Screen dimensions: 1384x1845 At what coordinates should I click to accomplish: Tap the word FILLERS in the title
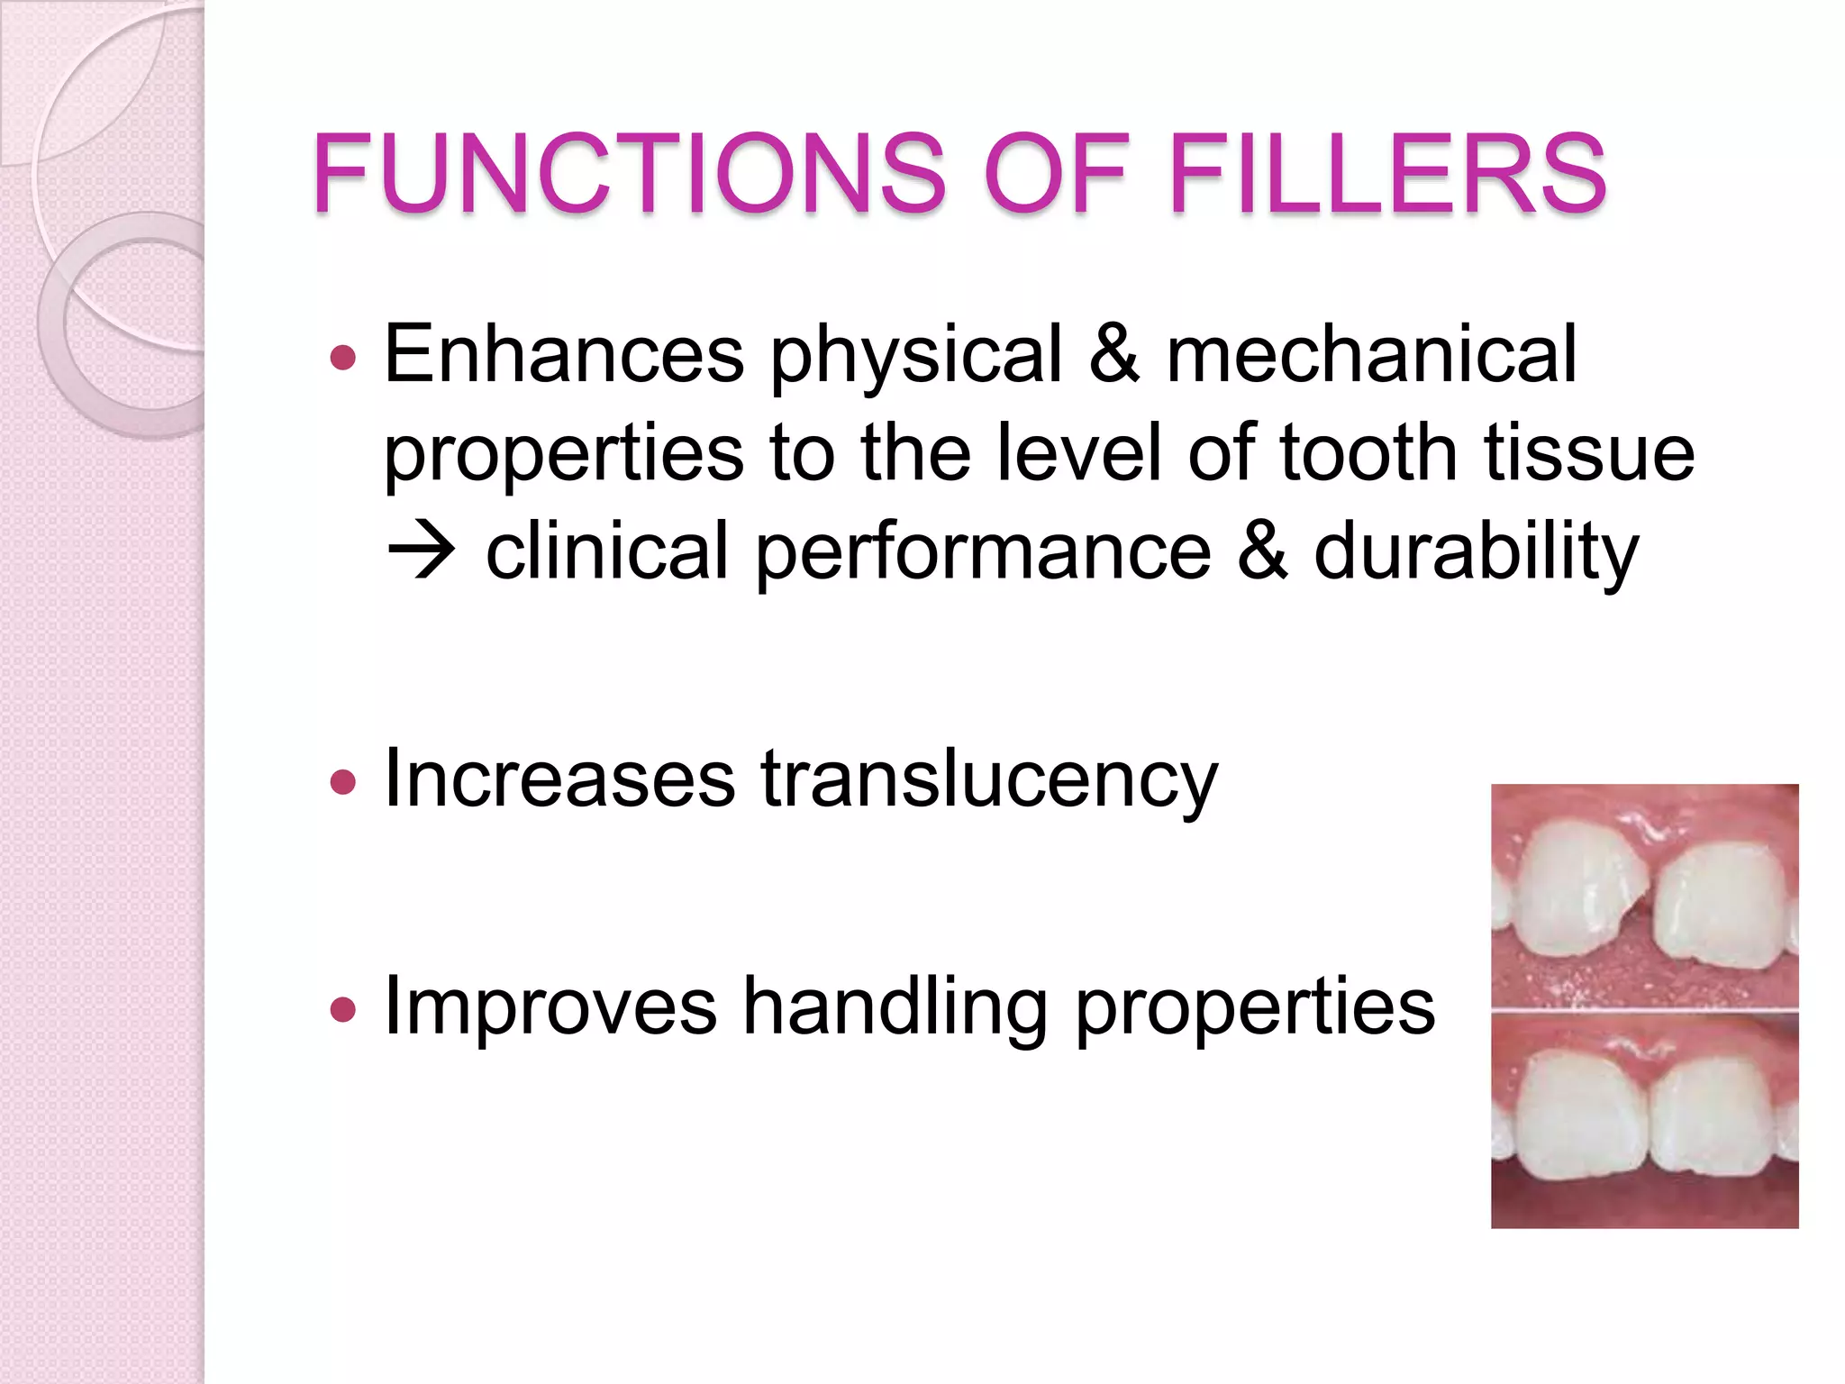coord(1386,173)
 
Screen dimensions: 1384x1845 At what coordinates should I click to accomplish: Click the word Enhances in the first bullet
coord(564,354)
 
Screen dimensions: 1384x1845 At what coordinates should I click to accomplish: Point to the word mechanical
coord(1371,354)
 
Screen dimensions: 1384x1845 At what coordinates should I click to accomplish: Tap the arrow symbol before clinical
coord(421,551)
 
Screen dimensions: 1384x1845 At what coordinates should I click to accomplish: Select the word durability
coord(1476,552)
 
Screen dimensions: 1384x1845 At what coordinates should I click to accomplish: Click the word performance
coord(983,552)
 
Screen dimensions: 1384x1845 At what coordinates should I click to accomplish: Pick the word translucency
coord(989,779)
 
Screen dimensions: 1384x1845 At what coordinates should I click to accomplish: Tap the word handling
coord(895,1006)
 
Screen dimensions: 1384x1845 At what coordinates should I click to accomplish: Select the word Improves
coord(550,1006)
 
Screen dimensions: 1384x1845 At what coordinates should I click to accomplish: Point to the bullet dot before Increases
coord(343,781)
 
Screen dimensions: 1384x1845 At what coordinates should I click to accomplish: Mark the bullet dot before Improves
coord(343,1009)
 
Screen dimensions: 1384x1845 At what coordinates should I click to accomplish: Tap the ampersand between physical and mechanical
coord(1113,354)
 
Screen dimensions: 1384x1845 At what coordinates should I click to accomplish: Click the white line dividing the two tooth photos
coord(1644,1011)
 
